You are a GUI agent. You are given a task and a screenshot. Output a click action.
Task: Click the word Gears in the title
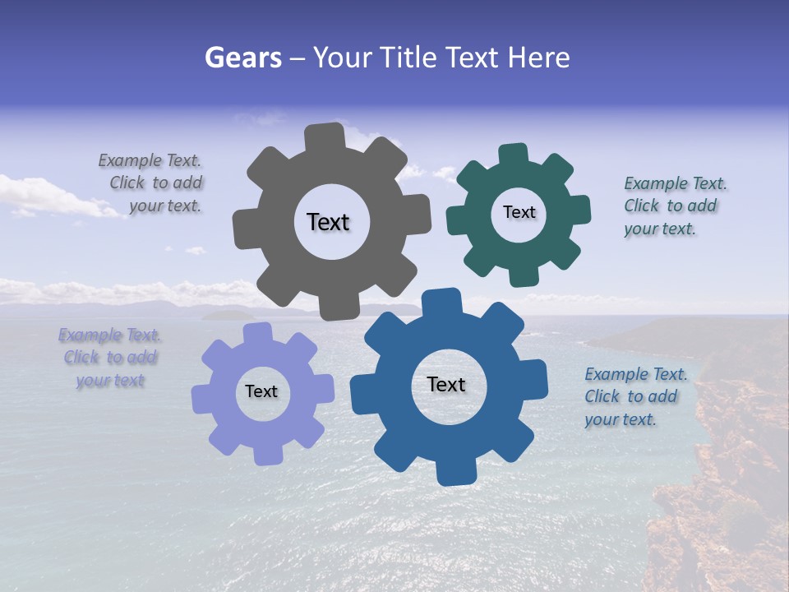(x=242, y=58)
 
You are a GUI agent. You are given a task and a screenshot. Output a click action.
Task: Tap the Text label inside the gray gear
(x=328, y=222)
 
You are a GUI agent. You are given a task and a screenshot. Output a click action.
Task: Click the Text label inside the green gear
(x=519, y=212)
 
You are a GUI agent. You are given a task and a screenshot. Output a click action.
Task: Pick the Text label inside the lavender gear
(x=261, y=391)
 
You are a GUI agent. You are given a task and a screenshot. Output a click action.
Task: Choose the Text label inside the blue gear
(x=446, y=384)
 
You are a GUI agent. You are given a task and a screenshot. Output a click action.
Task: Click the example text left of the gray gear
(x=153, y=183)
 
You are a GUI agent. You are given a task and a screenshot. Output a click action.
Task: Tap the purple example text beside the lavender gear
(x=109, y=358)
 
